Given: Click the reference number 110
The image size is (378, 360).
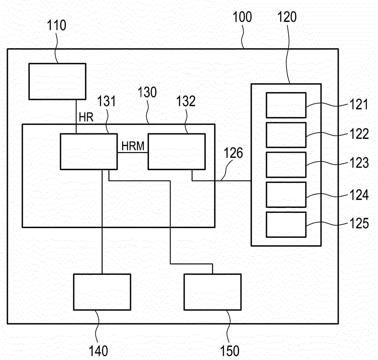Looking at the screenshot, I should (x=56, y=25).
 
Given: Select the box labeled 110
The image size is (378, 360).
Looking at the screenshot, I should (x=57, y=81).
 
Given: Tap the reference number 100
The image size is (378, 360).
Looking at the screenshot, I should (x=242, y=17).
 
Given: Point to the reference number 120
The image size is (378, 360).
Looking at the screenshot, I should (x=287, y=17).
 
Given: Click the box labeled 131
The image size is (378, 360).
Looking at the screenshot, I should (x=89, y=151).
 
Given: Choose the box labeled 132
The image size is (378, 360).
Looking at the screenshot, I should (x=177, y=151).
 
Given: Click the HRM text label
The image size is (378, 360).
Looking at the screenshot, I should (x=133, y=146).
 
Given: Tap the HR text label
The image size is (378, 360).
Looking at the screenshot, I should (x=86, y=117).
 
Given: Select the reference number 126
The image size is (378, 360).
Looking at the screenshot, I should (x=234, y=153).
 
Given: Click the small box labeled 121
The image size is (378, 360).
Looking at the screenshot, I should (x=286, y=105).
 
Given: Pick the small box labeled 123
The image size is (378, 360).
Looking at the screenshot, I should (x=286, y=165).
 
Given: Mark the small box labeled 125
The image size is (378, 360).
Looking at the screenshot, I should (x=286, y=225).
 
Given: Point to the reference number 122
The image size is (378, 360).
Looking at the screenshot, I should (x=359, y=134).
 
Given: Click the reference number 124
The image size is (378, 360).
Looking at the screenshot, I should (x=359, y=195).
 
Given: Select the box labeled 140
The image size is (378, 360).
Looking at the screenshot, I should (x=102, y=292).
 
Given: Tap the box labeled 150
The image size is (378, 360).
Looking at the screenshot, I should (x=212, y=292).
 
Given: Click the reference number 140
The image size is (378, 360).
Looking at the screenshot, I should (x=98, y=351).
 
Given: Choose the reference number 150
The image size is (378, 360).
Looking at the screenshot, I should (x=230, y=351).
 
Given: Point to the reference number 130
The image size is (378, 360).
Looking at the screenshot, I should (x=147, y=92).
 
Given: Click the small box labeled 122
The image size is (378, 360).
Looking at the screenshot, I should (x=286, y=135).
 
